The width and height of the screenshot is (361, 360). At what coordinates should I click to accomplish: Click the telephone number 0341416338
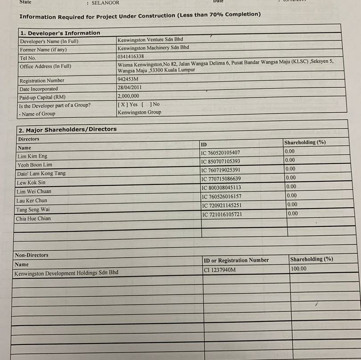pyautogui.click(x=131, y=57)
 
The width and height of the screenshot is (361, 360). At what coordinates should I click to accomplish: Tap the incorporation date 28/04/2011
pyautogui.click(x=130, y=88)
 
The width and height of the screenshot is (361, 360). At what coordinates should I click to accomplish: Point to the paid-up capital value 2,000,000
pyautogui.click(x=128, y=96)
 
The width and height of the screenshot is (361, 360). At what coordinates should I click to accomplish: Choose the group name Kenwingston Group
pyautogui.click(x=139, y=113)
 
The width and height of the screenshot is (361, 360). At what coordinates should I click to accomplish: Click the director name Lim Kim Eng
pyautogui.click(x=32, y=156)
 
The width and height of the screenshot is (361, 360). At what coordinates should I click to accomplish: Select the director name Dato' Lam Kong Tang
pyautogui.click(x=41, y=173)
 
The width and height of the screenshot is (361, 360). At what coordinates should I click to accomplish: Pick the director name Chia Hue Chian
pyautogui.click(x=33, y=219)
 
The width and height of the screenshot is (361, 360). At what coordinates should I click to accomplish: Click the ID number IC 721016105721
pyautogui.click(x=222, y=214)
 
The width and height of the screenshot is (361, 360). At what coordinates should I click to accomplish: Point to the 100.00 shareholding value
pyautogui.click(x=299, y=269)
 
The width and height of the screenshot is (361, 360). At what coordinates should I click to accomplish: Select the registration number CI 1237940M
pyautogui.click(x=220, y=270)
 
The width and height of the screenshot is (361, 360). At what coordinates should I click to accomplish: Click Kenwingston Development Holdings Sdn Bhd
pyautogui.click(x=66, y=273)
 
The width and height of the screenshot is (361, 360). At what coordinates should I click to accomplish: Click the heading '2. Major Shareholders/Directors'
pyautogui.click(x=67, y=130)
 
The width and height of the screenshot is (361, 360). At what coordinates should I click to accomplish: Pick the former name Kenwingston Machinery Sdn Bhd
pyautogui.click(x=153, y=48)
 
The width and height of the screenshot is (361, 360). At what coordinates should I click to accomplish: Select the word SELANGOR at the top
pyautogui.click(x=106, y=3)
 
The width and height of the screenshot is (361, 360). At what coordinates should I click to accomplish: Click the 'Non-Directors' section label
pyautogui.click(x=32, y=255)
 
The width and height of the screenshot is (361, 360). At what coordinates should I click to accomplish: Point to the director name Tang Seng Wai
pyautogui.click(x=33, y=209)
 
